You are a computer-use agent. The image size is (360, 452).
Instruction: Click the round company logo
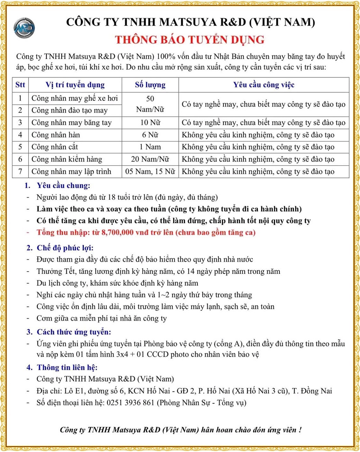(x=24, y=28)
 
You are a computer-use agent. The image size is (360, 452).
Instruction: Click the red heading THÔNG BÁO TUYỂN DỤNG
(x=190, y=40)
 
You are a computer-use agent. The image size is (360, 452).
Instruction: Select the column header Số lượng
(x=150, y=85)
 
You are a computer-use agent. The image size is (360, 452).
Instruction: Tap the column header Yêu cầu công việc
(x=263, y=85)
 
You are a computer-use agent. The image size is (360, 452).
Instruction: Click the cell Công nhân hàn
(x=56, y=135)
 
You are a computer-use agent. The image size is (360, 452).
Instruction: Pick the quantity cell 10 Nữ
(x=150, y=123)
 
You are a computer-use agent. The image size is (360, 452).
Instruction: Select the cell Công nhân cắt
(x=55, y=147)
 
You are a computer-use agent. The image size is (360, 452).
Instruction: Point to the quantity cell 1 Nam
(x=150, y=147)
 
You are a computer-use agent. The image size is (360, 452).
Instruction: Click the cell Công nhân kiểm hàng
(x=67, y=159)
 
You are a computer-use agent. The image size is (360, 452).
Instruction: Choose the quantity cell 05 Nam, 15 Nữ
(x=150, y=171)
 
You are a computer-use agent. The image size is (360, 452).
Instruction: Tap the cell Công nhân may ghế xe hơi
(x=74, y=98)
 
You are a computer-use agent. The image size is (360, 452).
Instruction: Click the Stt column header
(x=20, y=85)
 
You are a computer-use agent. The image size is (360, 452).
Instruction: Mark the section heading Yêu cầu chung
(x=63, y=186)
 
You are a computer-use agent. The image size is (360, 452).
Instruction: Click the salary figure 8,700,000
(x=117, y=232)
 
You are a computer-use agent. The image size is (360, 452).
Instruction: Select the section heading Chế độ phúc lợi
(x=65, y=248)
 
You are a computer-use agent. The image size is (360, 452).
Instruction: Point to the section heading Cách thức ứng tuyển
(x=74, y=332)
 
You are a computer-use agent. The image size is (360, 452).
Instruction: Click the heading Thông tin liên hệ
(x=67, y=367)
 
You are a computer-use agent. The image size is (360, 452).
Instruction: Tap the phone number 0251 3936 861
(x=130, y=403)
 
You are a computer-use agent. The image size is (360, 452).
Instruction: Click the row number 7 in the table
(x=20, y=171)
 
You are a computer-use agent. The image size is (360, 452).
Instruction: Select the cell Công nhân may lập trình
(x=71, y=171)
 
